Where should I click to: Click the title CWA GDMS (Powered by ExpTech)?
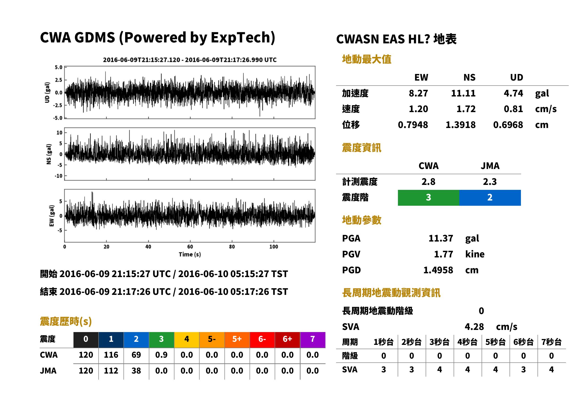(x=157, y=37)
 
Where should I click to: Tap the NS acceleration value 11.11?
(x=463, y=93)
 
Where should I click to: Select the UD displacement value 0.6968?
(x=508, y=125)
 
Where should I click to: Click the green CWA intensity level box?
(x=428, y=198)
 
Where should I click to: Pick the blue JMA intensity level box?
(x=490, y=198)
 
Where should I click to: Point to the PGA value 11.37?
(x=441, y=238)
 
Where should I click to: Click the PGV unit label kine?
(x=475, y=254)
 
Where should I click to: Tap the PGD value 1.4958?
(x=438, y=270)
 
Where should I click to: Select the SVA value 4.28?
(x=474, y=327)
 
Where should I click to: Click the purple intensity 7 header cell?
(x=313, y=340)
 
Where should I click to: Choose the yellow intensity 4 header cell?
(x=187, y=340)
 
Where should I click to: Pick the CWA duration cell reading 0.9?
(x=161, y=355)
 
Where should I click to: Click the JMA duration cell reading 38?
(x=136, y=371)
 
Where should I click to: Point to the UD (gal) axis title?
(x=47, y=93)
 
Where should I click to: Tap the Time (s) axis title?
(x=190, y=255)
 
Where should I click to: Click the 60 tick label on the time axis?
(x=190, y=247)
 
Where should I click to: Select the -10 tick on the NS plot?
(x=59, y=176)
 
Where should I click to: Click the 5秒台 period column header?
(x=495, y=342)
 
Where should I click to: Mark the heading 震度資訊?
(x=361, y=148)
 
